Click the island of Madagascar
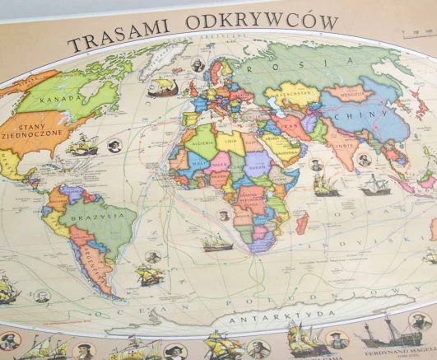(x=303, y=221)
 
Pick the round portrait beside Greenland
(x=198, y=64)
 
